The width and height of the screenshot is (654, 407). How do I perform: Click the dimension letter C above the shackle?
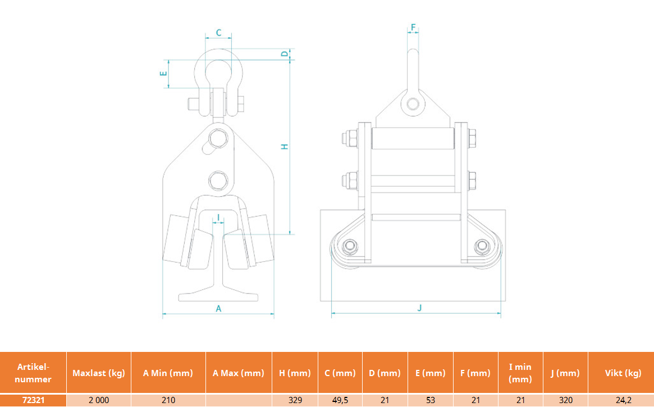click(x=218, y=33)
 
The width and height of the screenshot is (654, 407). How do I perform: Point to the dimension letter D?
click(x=285, y=54)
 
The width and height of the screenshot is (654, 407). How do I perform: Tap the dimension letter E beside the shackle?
click(x=163, y=74)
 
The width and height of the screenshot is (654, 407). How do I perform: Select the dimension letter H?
click(x=285, y=147)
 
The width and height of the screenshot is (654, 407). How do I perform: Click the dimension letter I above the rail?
click(x=218, y=218)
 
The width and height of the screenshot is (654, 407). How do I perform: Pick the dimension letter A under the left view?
click(x=218, y=309)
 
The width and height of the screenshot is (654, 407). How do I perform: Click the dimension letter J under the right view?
click(x=419, y=308)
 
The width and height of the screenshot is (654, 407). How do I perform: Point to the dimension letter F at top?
click(x=413, y=28)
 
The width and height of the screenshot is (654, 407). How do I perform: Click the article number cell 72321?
click(x=33, y=400)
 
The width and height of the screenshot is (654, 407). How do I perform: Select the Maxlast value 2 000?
click(x=99, y=400)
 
